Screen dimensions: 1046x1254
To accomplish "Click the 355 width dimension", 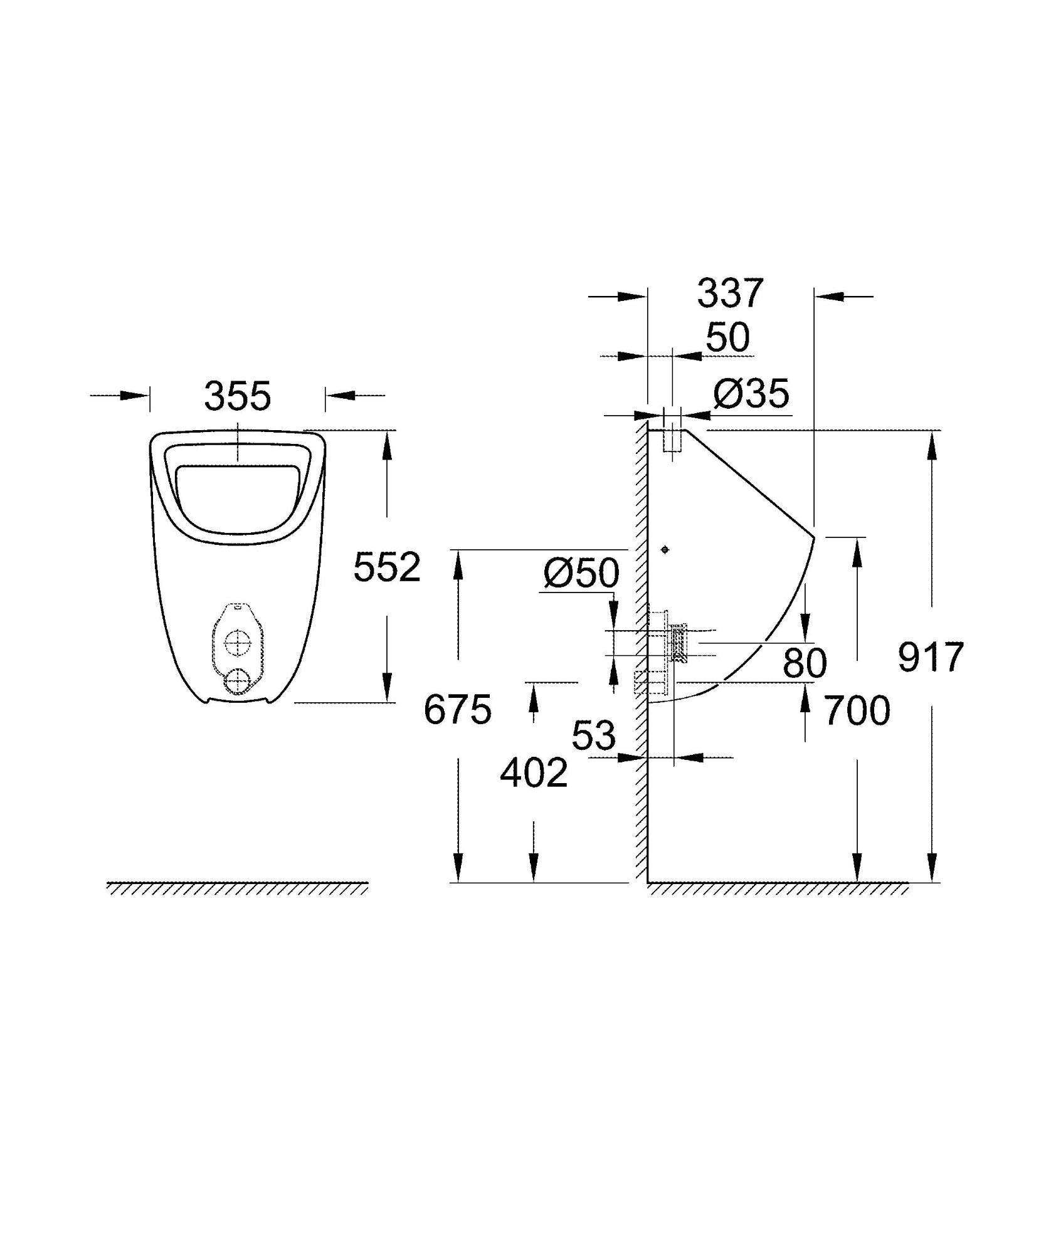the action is tap(238, 396).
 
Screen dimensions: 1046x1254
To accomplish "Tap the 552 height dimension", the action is tap(387, 568).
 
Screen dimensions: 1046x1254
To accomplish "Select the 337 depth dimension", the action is tap(731, 293).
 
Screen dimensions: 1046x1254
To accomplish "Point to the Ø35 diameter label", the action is tap(751, 395).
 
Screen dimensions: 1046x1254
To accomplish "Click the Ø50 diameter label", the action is tap(581, 573).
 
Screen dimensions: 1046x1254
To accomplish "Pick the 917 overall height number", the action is tap(930, 658).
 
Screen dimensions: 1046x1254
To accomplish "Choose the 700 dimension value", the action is tap(857, 711).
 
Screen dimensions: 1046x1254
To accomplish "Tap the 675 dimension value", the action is tap(458, 710).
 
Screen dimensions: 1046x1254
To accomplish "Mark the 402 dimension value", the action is tap(534, 772).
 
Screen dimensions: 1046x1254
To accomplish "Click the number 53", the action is tap(594, 735).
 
